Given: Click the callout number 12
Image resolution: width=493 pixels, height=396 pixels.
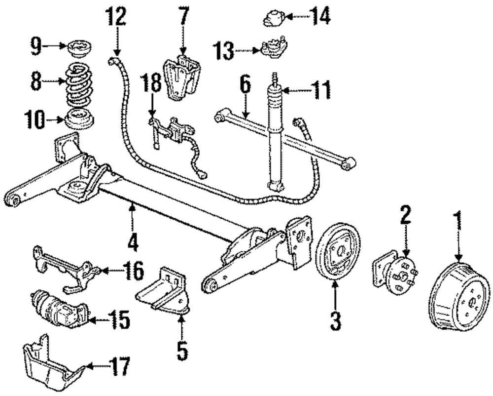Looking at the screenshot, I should pos(118,18).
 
